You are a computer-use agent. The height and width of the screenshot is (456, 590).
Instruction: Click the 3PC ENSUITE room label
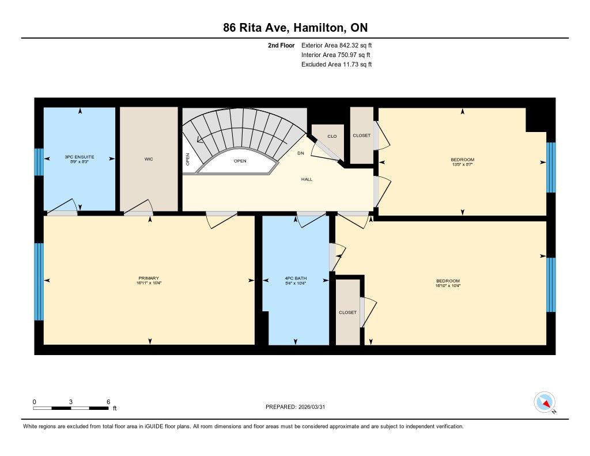click(x=79, y=157)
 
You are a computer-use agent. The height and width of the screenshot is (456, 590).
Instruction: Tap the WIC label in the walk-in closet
click(x=149, y=159)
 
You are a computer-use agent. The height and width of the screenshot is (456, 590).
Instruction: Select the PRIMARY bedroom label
click(x=149, y=278)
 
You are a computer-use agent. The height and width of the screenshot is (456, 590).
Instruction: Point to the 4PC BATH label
click(x=296, y=278)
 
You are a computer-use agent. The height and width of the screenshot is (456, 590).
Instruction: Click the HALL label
click(x=307, y=179)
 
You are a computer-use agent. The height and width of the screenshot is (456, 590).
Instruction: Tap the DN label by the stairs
click(x=301, y=153)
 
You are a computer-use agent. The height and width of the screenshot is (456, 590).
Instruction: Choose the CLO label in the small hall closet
click(x=332, y=136)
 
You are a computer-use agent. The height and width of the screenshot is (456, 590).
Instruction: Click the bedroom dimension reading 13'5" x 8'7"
click(x=462, y=164)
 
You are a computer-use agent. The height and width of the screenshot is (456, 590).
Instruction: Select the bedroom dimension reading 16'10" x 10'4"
click(x=448, y=285)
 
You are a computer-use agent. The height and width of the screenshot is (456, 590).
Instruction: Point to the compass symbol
click(x=544, y=402)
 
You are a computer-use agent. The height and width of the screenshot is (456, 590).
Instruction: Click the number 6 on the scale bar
click(x=108, y=402)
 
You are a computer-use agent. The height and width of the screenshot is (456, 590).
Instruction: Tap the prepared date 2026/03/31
click(x=312, y=406)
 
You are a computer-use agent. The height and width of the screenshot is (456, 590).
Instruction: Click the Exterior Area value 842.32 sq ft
click(x=355, y=45)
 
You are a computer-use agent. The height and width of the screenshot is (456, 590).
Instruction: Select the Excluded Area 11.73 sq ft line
click(x=336, y=65)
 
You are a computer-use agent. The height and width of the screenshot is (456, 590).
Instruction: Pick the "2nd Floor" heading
click(x=281, y=45)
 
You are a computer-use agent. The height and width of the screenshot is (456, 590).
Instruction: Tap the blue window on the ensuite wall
click(x=39, y=162)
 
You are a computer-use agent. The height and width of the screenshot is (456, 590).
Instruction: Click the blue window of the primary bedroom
click(x=39, y=282)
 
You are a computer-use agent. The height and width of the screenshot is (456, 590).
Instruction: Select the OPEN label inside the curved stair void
click(x=240, y=161)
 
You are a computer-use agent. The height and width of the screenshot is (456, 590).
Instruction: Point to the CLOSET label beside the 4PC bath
click(x=347, y=312)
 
